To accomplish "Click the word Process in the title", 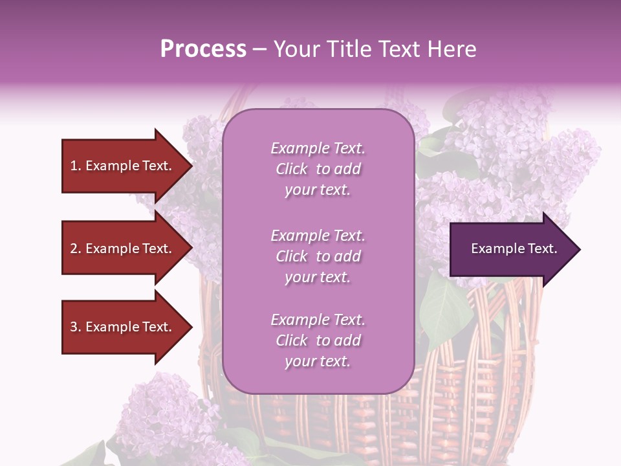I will pos(203,49).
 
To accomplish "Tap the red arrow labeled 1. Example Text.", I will pos(123,166).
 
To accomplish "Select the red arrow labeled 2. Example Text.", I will pos(123,249).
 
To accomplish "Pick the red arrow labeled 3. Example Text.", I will pos(123,327).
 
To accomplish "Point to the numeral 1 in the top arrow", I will pos(73,166).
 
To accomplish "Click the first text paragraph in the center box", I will pos(318,169).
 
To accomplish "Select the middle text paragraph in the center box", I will pos(318,256).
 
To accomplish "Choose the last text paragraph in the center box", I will pos(318,340).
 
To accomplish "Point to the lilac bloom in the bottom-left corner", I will pos(162,414).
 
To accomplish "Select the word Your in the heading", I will pos(295,49).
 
